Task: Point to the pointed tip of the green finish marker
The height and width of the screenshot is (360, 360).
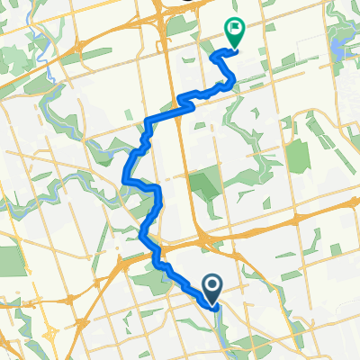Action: click(x=233, y=49)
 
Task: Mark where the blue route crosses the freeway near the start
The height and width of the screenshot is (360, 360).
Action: click(x=162, y=260)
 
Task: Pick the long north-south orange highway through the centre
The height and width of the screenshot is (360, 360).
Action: click(x=184, y=162)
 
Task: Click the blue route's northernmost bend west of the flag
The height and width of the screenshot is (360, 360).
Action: click(x=214, y=56)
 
